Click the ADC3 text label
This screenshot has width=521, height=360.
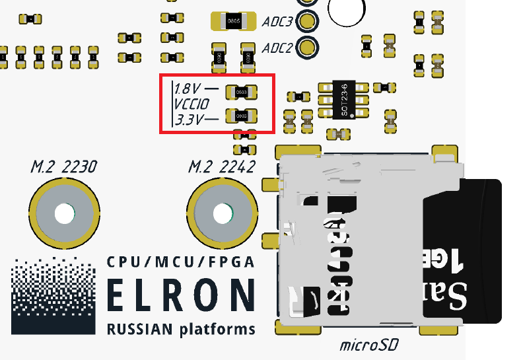277,22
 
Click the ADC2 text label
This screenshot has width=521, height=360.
277,48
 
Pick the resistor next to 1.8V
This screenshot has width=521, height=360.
240,92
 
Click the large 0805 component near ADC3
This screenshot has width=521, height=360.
232,22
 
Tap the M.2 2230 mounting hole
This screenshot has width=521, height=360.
63,214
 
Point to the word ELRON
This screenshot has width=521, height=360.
180,295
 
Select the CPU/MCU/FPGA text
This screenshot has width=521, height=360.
180,262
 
